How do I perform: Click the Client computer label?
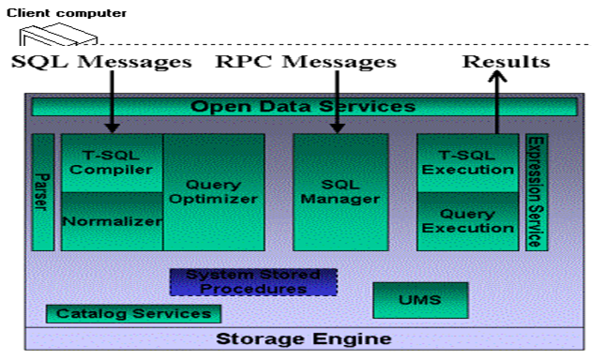[66, 12]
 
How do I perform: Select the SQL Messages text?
[102, 62]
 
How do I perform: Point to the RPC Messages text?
[306, 62]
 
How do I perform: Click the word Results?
[506, 62]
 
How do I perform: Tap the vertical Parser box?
[43, 191]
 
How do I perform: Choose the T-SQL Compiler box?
[112, 162]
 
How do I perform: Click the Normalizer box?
[112, 222]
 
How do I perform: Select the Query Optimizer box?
[214, 191]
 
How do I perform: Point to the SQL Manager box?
[341, 191]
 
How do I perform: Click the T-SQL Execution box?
[467, 162]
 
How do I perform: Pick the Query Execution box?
[467, 221]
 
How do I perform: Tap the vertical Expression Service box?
[536, 191]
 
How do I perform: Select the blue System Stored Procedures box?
[253, 281]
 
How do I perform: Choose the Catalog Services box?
[133, 313]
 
